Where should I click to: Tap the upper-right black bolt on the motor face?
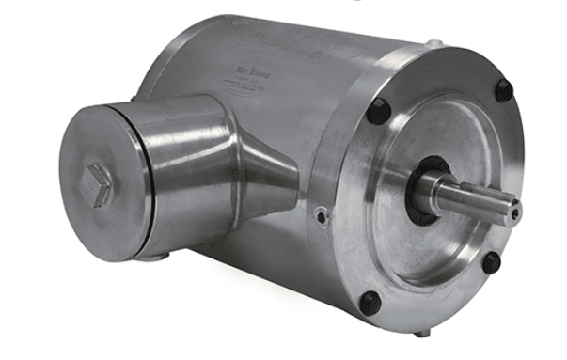[504, 90]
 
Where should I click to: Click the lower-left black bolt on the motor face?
[370, 304]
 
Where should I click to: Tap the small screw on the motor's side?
[323, 217]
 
